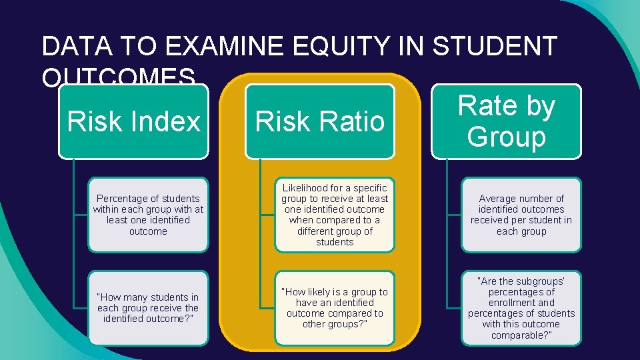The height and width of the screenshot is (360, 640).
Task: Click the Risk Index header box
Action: [x=133, y=122]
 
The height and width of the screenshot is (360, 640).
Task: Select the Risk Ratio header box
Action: [x=320, y=122]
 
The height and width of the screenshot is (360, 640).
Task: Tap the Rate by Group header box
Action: [x=507, y=121]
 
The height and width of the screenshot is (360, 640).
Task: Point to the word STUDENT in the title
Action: [x=494, y=47]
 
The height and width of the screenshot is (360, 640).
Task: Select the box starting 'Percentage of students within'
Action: [x=148, y=215]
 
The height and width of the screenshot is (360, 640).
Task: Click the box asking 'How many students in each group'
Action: [x=148, y=308]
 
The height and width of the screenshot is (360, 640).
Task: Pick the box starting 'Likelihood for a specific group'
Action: [x=335, y=215]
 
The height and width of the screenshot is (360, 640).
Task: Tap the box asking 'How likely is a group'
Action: [x=335, y=308]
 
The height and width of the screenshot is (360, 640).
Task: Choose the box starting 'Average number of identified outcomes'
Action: [x=521, y=215]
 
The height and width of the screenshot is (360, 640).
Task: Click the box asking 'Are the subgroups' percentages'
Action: [x=521, y=308]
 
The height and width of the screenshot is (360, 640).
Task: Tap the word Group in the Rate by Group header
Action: [x=507, y=137]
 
